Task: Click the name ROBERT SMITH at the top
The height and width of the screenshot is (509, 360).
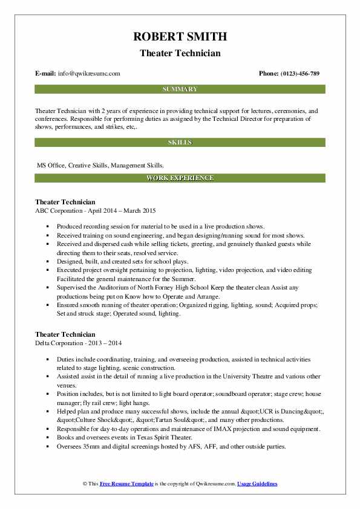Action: pyautogui.click(x=180, y=37)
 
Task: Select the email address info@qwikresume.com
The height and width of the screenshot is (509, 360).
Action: pyautogui.click(x=89, y=74)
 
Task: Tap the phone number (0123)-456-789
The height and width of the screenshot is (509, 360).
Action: pyautogui.click(x=298, y=74)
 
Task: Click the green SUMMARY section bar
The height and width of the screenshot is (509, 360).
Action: pyautogui.click(x=180, y=89)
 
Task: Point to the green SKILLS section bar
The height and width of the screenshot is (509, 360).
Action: pyautogui.click(x=180, y=143)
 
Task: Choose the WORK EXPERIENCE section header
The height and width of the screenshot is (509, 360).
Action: pyautogui.click(x=180, y=178)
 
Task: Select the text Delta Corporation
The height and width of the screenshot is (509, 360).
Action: pyautogui.click(x=61, y=342)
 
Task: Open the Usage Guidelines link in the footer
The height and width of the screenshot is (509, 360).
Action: pyautogui.click(x=257, y=484)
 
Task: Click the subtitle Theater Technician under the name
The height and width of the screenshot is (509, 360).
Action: pyautogui.click(x=180, y=53)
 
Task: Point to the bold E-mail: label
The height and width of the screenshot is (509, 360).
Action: pyautogui.click(x=46, y=74)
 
